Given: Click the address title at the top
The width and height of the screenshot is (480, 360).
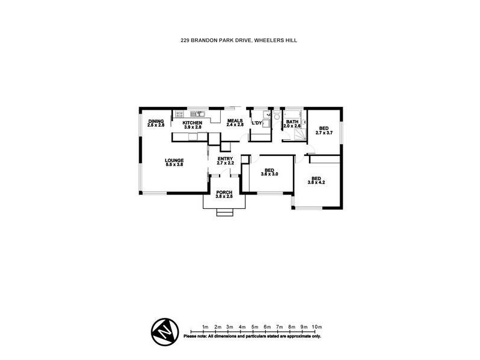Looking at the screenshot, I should (240, 40).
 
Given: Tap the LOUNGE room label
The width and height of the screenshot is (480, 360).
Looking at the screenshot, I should (175, 160).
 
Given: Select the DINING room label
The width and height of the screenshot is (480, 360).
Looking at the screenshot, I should (156, 121).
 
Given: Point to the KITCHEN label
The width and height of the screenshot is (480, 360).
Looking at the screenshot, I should (193, 122).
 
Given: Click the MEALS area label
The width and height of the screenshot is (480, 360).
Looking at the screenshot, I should (235, 121).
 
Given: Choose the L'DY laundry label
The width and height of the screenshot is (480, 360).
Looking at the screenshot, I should (257, 123).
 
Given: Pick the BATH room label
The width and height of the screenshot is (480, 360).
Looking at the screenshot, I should (292, 122).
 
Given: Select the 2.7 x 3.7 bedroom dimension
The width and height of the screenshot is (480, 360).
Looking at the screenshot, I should (324, 133).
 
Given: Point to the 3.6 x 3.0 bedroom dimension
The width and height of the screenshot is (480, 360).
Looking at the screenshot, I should (270, 174).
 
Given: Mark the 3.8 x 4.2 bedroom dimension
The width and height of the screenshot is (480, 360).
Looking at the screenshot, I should (316, 182).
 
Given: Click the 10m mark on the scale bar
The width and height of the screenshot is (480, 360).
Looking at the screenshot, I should (317, 326).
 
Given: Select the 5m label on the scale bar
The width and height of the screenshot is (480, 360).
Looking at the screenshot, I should (254, 326).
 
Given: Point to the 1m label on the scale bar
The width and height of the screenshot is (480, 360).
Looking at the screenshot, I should (205, 326).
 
